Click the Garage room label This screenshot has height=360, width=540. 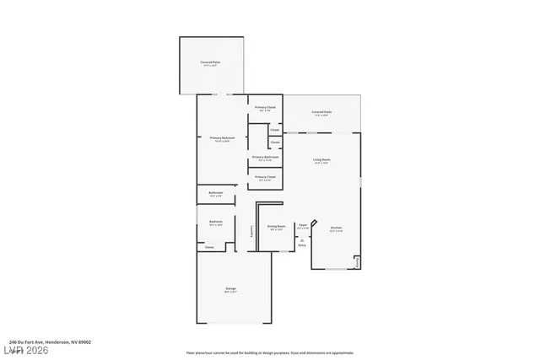click(x=230, y=289)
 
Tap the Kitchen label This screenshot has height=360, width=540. click(x=336, y=228)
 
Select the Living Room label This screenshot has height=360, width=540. click(x=321, y=160)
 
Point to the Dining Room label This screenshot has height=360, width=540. click(x=276, y=226)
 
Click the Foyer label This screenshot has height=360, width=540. click(x=302, y=225)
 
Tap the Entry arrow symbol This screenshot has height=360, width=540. click(x=302, y=241)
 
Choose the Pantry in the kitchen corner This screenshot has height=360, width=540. click(x=357, y=261)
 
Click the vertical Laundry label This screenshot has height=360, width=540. click(x=253, y=230)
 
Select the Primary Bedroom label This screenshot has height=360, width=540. click(x=221, y=138)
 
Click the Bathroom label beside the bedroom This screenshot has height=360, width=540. click(x=216, y=193)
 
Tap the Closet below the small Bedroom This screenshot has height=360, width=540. click(x=209, y=247)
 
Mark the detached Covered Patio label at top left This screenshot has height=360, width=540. click(x=210, y=63)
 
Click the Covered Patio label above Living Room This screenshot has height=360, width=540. click(x=321, y=112)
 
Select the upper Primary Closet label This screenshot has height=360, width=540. click(x=265, y=107)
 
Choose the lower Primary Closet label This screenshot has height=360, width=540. click(x=265, y=177)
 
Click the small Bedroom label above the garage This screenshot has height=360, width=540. click(x=216, y=223)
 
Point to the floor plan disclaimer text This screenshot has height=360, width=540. click(x=270, y=352)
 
